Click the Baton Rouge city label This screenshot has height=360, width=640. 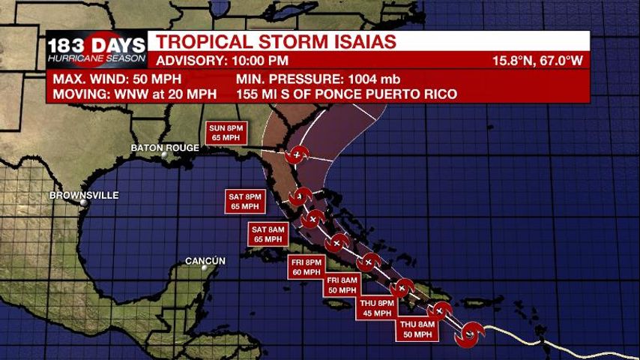pos(165,148)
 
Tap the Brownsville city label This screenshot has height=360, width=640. pos(84,195)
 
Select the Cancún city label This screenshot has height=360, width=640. pos(205,261)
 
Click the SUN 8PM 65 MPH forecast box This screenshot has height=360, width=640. pos(226,133)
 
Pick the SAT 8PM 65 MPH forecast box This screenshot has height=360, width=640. pos(245,201)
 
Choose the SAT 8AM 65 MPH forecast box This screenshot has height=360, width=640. pos(268,234)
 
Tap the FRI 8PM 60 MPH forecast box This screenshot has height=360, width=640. pos(307,266)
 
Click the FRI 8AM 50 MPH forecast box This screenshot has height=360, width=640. pos(343,285)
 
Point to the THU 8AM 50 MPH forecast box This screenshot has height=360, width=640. pos(417,328)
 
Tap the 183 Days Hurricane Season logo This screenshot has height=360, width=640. pos(97,49)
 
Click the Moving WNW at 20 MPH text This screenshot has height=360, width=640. pos(135,94)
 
